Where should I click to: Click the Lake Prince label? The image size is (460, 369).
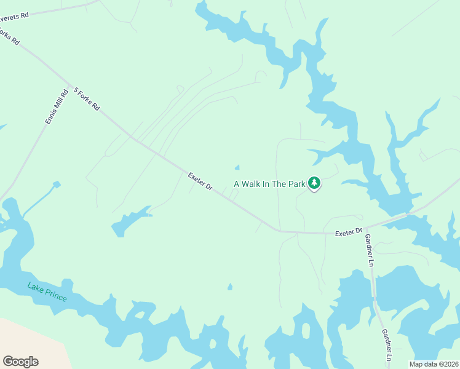[x=47, y=290]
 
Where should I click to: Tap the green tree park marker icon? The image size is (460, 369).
[x=314, y=183]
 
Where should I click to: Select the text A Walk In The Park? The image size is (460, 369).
[x=269, y=184]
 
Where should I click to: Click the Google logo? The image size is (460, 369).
[x=20, y=362]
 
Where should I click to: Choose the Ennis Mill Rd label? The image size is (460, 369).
[x=56, y=108]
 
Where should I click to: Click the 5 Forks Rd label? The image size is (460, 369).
[x=87, y=98]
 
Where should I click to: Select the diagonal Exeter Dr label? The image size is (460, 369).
[x=200, y=181]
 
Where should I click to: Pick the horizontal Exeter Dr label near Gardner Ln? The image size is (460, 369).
[x=349, y=233]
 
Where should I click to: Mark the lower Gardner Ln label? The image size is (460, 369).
[x=386, y=345]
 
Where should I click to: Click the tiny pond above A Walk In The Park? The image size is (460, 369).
[x=237, y=167]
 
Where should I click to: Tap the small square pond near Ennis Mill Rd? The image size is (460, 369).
[x=57, y=184]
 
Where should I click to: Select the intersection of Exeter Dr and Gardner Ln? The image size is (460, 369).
[x=367, y=228]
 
